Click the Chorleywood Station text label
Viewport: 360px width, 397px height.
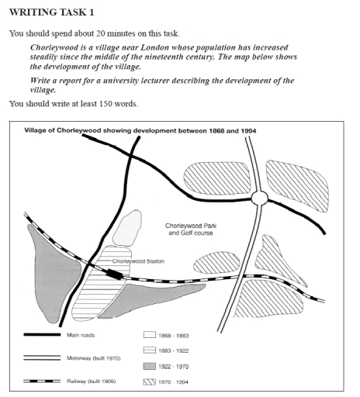click(x=137, y=261)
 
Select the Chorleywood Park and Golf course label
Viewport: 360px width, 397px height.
click(x=189, y=229)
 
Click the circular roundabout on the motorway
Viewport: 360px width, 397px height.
click(x=259, y=199)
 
